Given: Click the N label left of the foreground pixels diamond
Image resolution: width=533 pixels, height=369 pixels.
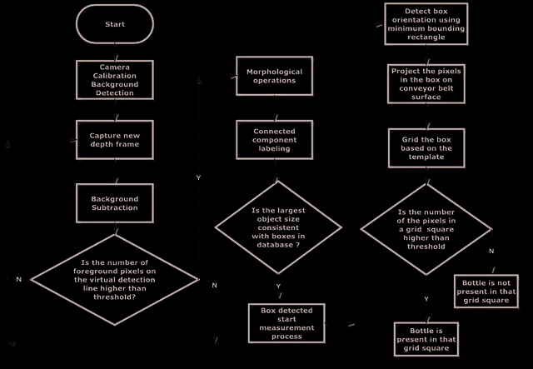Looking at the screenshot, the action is (x=18, y=280).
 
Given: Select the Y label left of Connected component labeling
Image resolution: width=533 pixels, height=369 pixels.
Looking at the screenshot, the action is (x=198, y=177).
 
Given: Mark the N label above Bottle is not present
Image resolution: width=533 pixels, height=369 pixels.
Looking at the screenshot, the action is (x=491, y=252).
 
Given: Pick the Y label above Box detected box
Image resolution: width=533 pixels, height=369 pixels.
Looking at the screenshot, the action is (x=278, y=287).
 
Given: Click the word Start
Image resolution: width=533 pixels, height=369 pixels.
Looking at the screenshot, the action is (x=115, y=24).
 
